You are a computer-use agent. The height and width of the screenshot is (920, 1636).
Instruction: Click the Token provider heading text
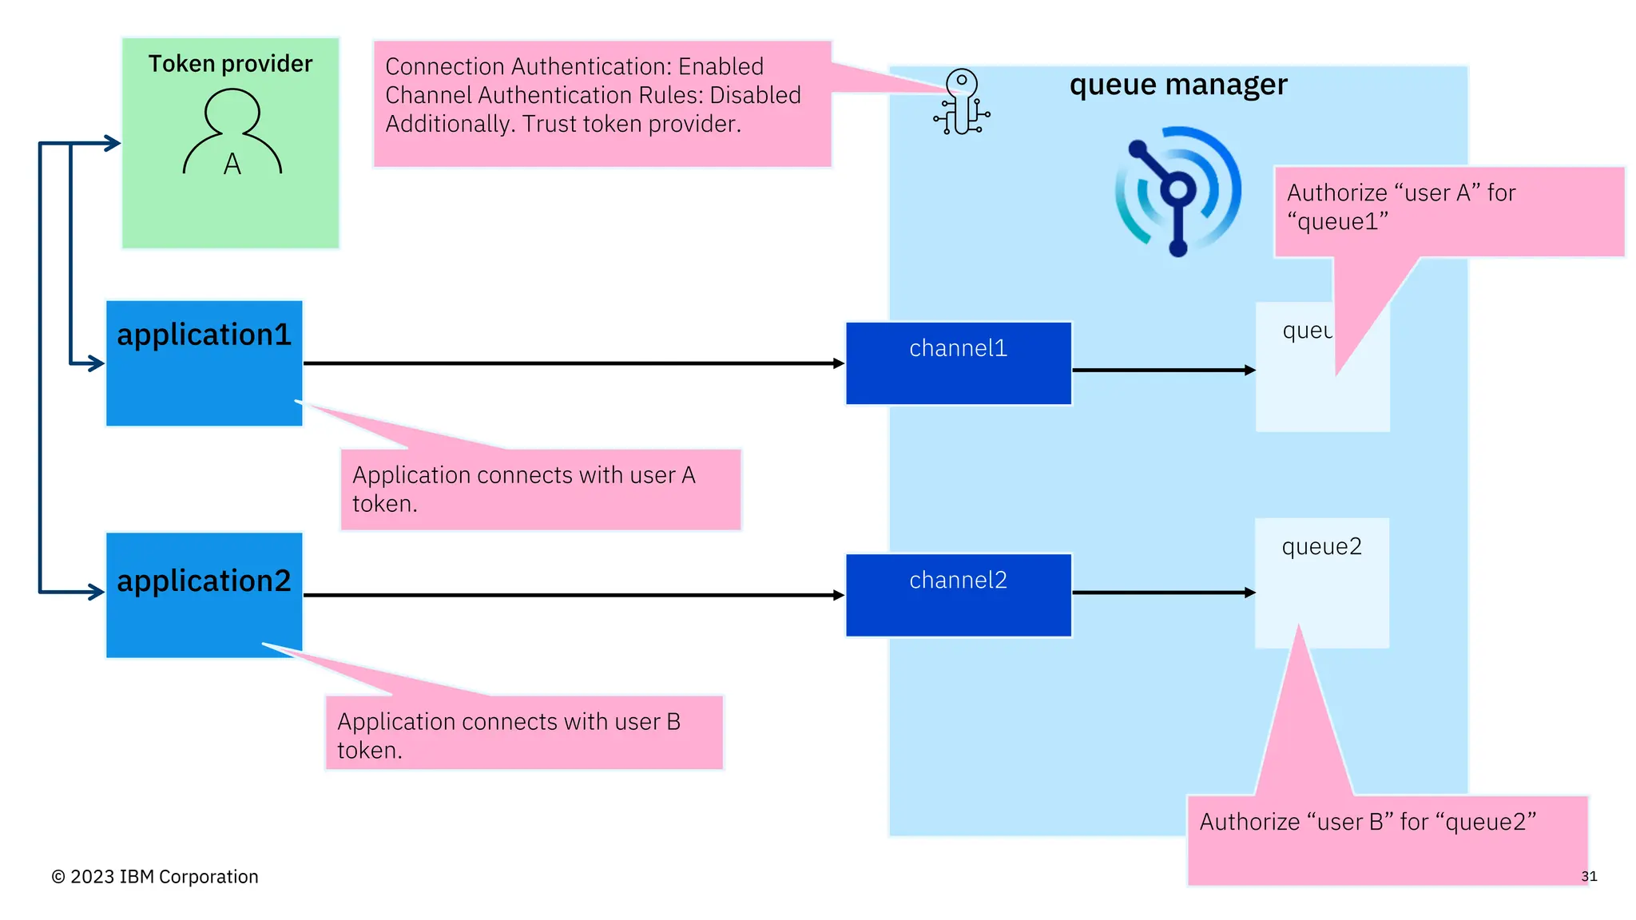click(x=230, y=64)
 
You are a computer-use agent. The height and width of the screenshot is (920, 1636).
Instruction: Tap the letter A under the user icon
click(x=232, y=164)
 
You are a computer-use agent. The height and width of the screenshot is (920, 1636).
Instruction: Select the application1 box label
click(x=204, y=335)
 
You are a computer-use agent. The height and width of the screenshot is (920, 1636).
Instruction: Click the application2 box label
click(x=204, y=581)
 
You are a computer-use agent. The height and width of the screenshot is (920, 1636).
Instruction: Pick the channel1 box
click(x=958, y=363)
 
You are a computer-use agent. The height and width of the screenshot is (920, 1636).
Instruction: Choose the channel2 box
click(x=958, y=595)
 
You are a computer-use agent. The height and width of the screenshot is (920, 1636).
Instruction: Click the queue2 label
click(x=1321, y=547)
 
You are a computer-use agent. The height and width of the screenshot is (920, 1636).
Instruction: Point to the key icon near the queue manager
click(x=962, y=102)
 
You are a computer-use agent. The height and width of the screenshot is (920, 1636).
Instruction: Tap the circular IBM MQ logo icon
click(x=1177, y=192)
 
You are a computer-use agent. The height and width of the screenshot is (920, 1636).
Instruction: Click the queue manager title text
click(x=1177, y=85)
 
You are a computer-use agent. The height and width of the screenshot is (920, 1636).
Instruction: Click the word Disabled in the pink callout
click(x=755, y=95)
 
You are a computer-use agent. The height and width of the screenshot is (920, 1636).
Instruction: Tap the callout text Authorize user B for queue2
click(x=1367, y=822)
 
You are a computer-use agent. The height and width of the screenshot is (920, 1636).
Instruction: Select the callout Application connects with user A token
click(x=524, y=489)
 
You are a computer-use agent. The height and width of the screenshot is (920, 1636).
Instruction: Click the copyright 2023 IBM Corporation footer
click(x=155, y=877)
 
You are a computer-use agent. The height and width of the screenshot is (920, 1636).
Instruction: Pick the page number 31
click(x=1588, y=876)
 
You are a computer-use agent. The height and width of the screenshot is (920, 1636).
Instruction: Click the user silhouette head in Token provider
click(x=232, y=110)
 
